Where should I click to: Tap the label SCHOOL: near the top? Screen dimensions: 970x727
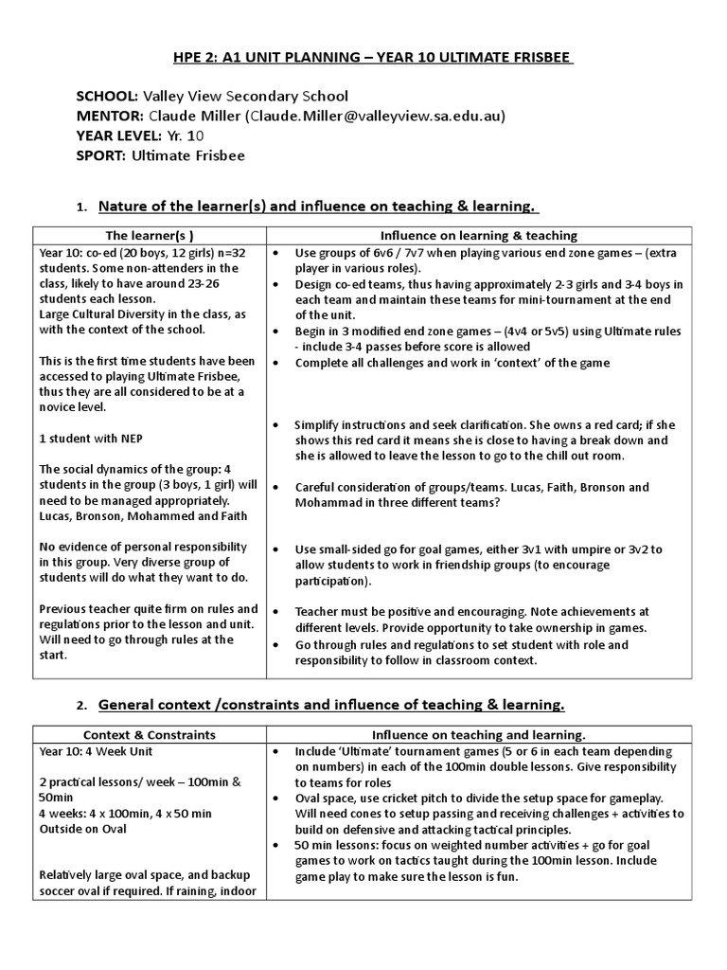[x=107, y=96]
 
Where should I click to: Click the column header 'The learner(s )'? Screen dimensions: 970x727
[x=150, y=235]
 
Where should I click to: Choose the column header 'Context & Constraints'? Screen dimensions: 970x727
[x=150, y=734]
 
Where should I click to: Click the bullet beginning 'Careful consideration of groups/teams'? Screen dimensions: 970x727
[x=471, y=494]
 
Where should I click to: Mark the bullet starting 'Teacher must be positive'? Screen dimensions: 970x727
[x=471, y=620]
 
